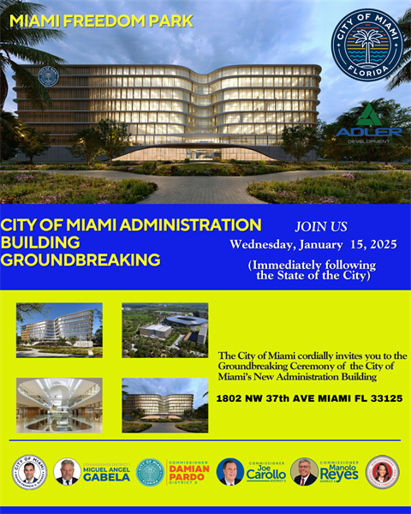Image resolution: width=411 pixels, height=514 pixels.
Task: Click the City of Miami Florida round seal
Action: [x=366, y=45]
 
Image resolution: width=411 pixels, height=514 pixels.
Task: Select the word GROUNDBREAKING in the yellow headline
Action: [x=80, y=259]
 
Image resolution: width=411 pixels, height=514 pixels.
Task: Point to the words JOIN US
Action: [x=321, y=227]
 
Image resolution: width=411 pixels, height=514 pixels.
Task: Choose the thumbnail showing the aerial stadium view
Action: [x=164, y=330]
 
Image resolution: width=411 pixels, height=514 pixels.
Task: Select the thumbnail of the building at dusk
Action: [x=164, y=404]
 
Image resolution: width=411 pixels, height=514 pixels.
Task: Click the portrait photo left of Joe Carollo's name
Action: [x=230, y=472]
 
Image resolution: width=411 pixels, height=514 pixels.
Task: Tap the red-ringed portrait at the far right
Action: [x=382, y=472]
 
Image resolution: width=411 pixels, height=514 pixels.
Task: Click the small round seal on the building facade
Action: [x=49, y=76]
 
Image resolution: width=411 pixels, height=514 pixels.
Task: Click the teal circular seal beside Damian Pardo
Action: [x=150, y=472]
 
